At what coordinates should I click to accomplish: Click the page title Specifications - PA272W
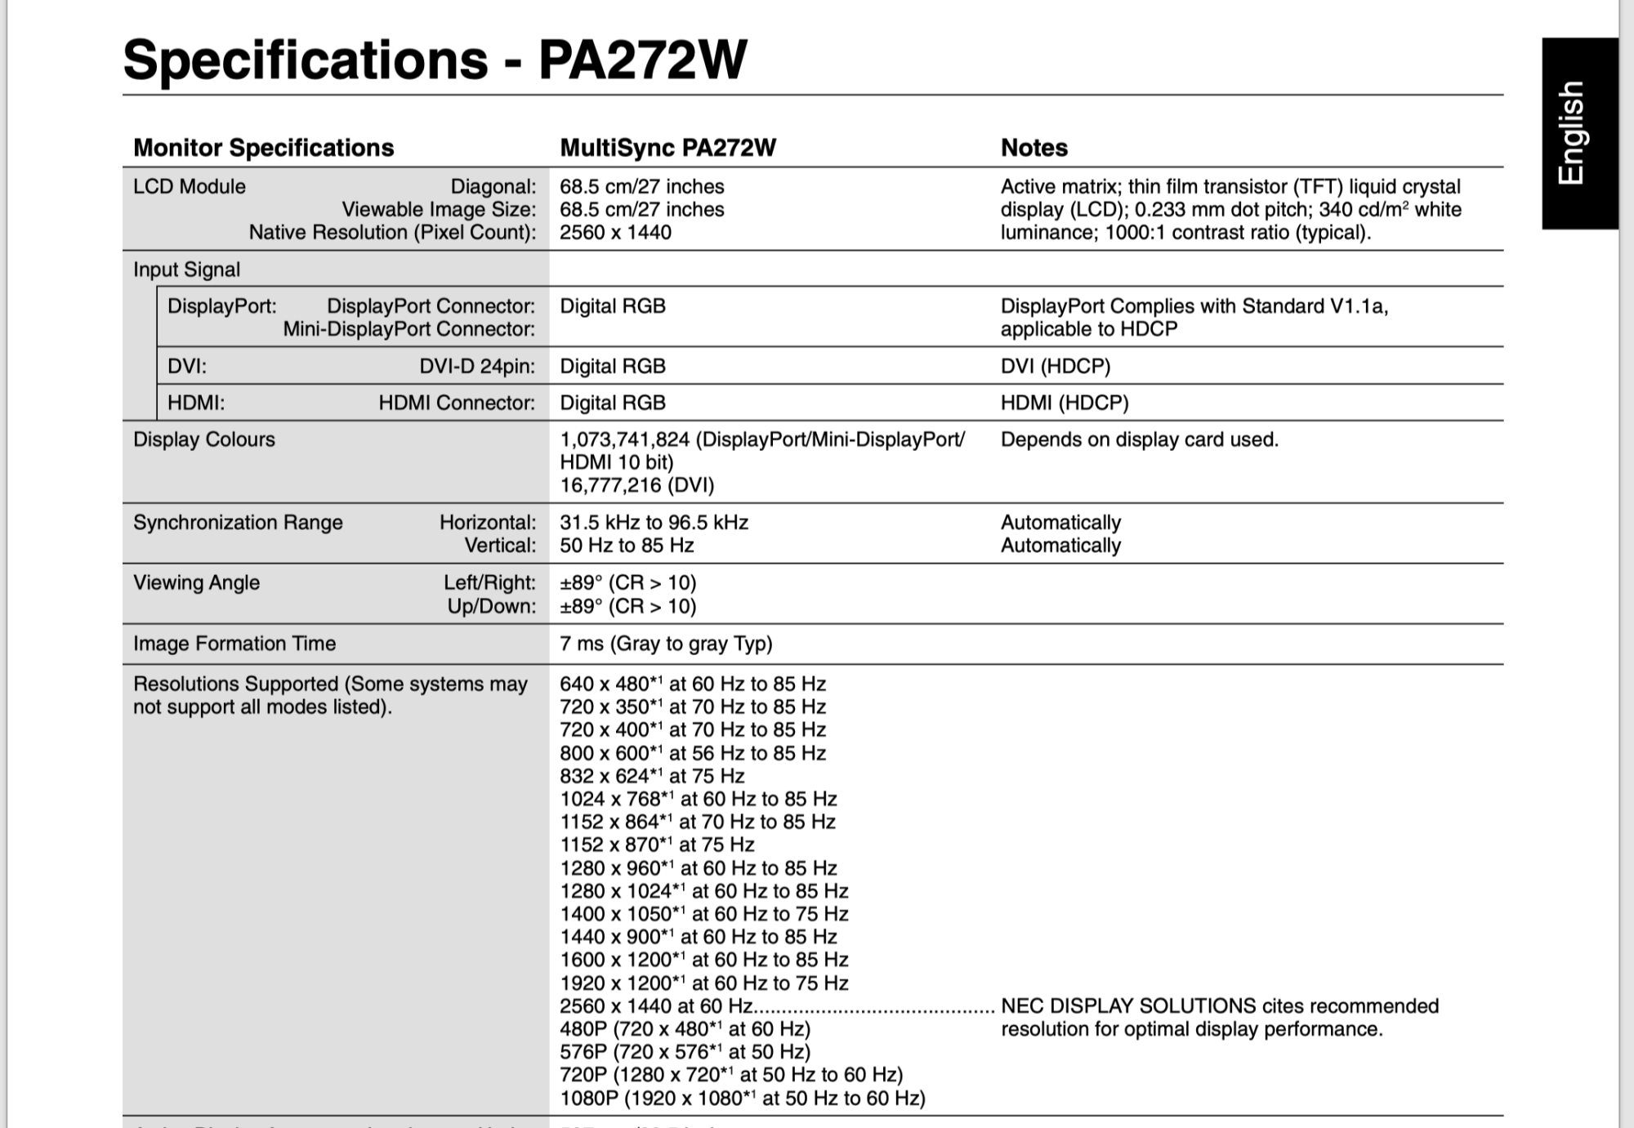[x=435, y=60]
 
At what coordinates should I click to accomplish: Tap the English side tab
[x=1572, y=132]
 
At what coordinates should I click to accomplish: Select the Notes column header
[x=1034, y=148]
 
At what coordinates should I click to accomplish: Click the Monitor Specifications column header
[x=263, y=148]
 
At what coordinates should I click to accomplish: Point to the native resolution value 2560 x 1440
[x=615, y=233]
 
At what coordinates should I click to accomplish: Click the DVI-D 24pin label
[x=477, y=366]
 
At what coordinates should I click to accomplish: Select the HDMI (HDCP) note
[x=1064, y=403]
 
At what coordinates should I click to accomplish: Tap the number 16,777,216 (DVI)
[x=636, y=486]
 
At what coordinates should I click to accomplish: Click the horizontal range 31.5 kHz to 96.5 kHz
[x=654, y=523]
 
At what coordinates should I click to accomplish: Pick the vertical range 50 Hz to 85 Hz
[x=627, y=546]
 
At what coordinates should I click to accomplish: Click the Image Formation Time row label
[x=234, y=644]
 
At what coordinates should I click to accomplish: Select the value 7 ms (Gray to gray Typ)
[x=666, y=644]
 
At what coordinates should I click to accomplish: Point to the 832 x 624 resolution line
[x=652, y=776]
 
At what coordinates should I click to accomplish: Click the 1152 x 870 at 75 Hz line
[x=657, y=845]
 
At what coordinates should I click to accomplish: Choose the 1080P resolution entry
[x=742, y=1099]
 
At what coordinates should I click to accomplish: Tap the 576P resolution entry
[x=685, y=1052]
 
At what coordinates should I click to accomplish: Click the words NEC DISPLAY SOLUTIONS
[x=1127, y=1006]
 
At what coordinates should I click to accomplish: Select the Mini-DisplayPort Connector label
[x=408, y=329]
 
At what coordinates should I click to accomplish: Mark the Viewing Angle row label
[x=196, y=583]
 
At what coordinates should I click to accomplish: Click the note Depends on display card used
[x=1139, y=439]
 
